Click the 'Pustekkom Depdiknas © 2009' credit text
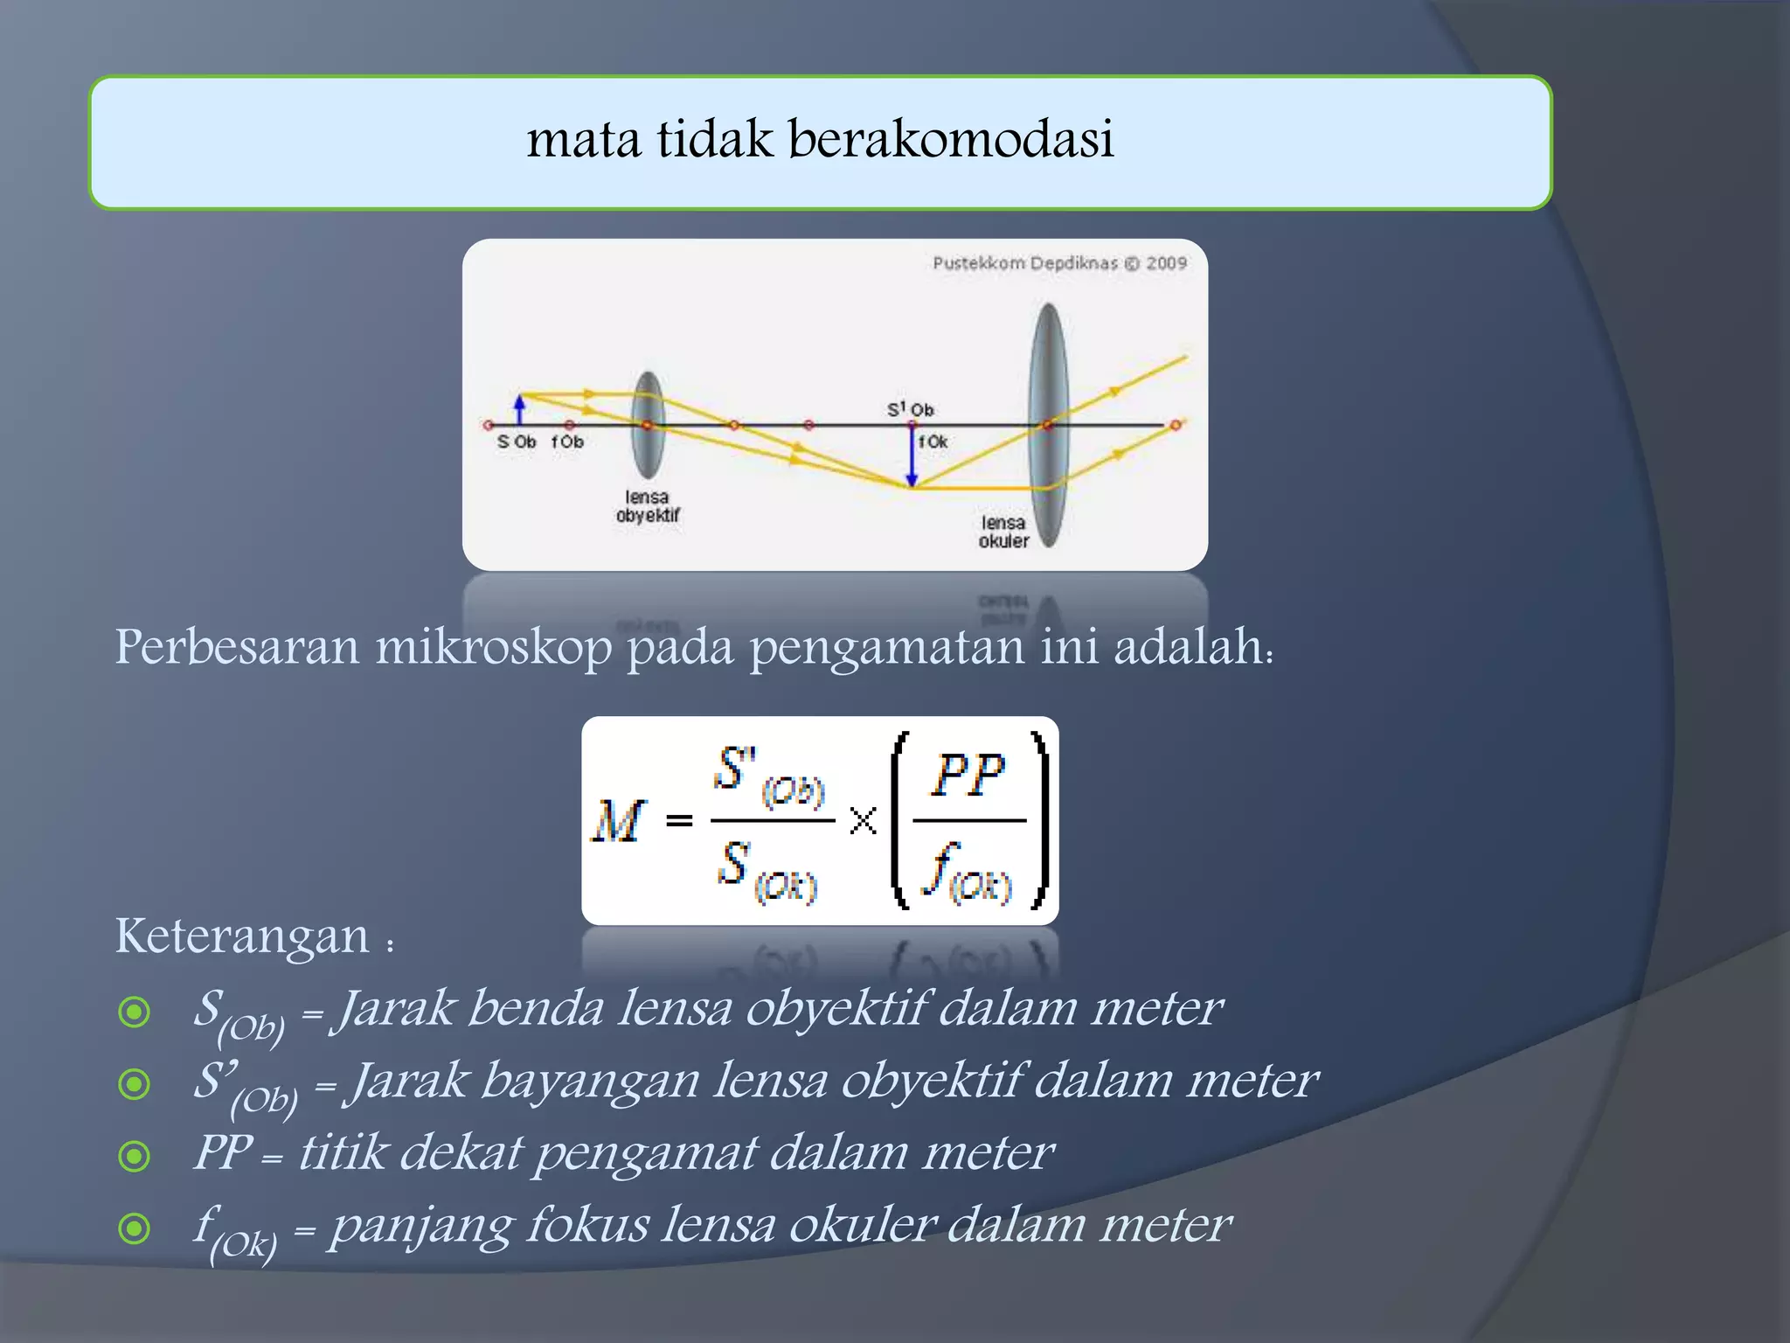point(1059,263)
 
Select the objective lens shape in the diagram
point(648,425)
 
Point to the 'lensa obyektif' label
point(648,506)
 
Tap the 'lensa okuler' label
point(1003,532)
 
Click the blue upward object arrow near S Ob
point(520,408)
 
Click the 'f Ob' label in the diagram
point(567,442)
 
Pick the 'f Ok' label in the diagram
point(933,442)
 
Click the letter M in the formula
point(619,821)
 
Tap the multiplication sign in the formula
point(863,820)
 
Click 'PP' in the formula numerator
point(968,775)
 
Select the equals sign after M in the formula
point(679,820)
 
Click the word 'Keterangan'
point(242,936)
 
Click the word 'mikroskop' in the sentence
point(494,648)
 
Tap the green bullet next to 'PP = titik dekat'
point(135,1156)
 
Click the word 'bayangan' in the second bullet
point(591,1081)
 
